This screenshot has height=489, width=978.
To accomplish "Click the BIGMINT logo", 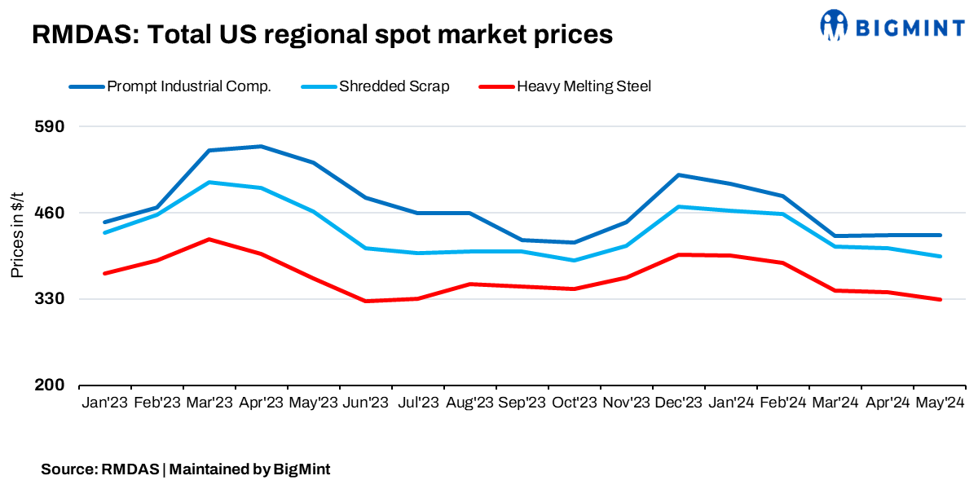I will pos(892,26).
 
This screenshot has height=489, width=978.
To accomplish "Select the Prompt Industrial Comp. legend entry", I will pos(188,86).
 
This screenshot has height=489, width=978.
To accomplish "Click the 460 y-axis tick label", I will pos(52,213).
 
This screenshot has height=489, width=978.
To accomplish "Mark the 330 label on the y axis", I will pos(52,299).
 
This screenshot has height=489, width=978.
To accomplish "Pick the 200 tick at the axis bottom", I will pos(52,385).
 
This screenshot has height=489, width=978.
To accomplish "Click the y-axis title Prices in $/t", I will pos(17,237).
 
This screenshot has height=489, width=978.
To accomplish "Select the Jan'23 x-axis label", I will pos(104,403).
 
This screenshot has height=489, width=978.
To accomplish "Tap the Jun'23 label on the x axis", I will pos(366,403).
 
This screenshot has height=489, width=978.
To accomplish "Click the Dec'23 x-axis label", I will pos(679,403).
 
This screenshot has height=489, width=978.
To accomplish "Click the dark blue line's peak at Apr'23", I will pos(261,147).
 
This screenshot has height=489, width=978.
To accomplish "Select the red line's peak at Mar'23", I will pos(209,240).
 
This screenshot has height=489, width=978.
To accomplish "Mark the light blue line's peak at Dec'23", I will pos(679,207).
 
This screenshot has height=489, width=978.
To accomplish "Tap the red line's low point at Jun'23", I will pos(366,301).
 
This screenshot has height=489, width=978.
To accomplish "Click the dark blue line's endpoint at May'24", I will pos(940,235).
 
